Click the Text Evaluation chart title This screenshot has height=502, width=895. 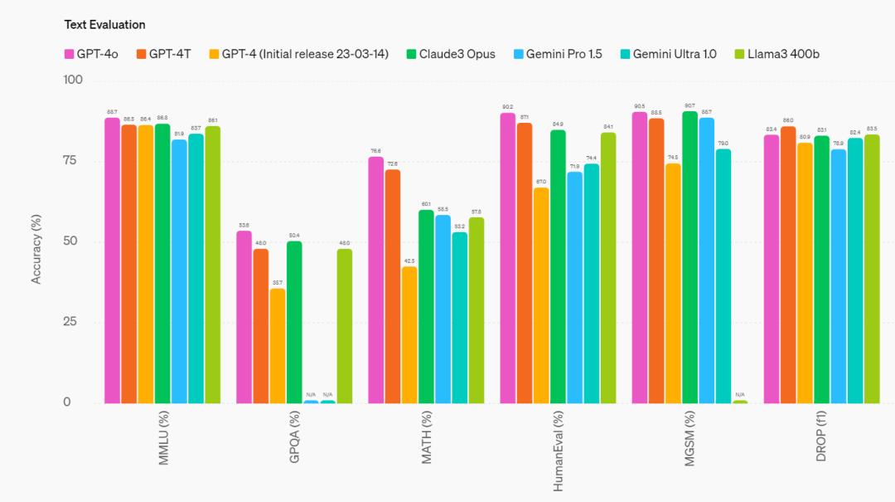pyautogui.click(x=104, y=25)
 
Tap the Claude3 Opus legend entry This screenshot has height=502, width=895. pyautogui.click(x=451, y=54)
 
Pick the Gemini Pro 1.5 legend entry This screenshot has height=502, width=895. pyautogui.click(x=563, y=54)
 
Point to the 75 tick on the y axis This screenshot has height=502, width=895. pyautogui.click(x=73, y=160)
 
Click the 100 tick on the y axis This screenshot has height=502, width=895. pyautogui.click(x=71, y=80)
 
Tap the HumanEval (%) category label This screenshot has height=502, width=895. pyautogui.click(x=559, y=452)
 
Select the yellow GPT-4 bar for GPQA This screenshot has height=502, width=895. pyautogui.click(x=278, y=345)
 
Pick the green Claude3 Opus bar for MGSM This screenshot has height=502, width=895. pyautogui.click(x=689, y=257)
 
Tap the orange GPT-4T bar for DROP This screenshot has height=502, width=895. pyautogui.click(x=788, y=265)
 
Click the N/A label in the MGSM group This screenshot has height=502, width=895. pyautogui.click(x=740, y=394)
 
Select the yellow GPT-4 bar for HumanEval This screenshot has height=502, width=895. pyautogui.click(x=541, y=295)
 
